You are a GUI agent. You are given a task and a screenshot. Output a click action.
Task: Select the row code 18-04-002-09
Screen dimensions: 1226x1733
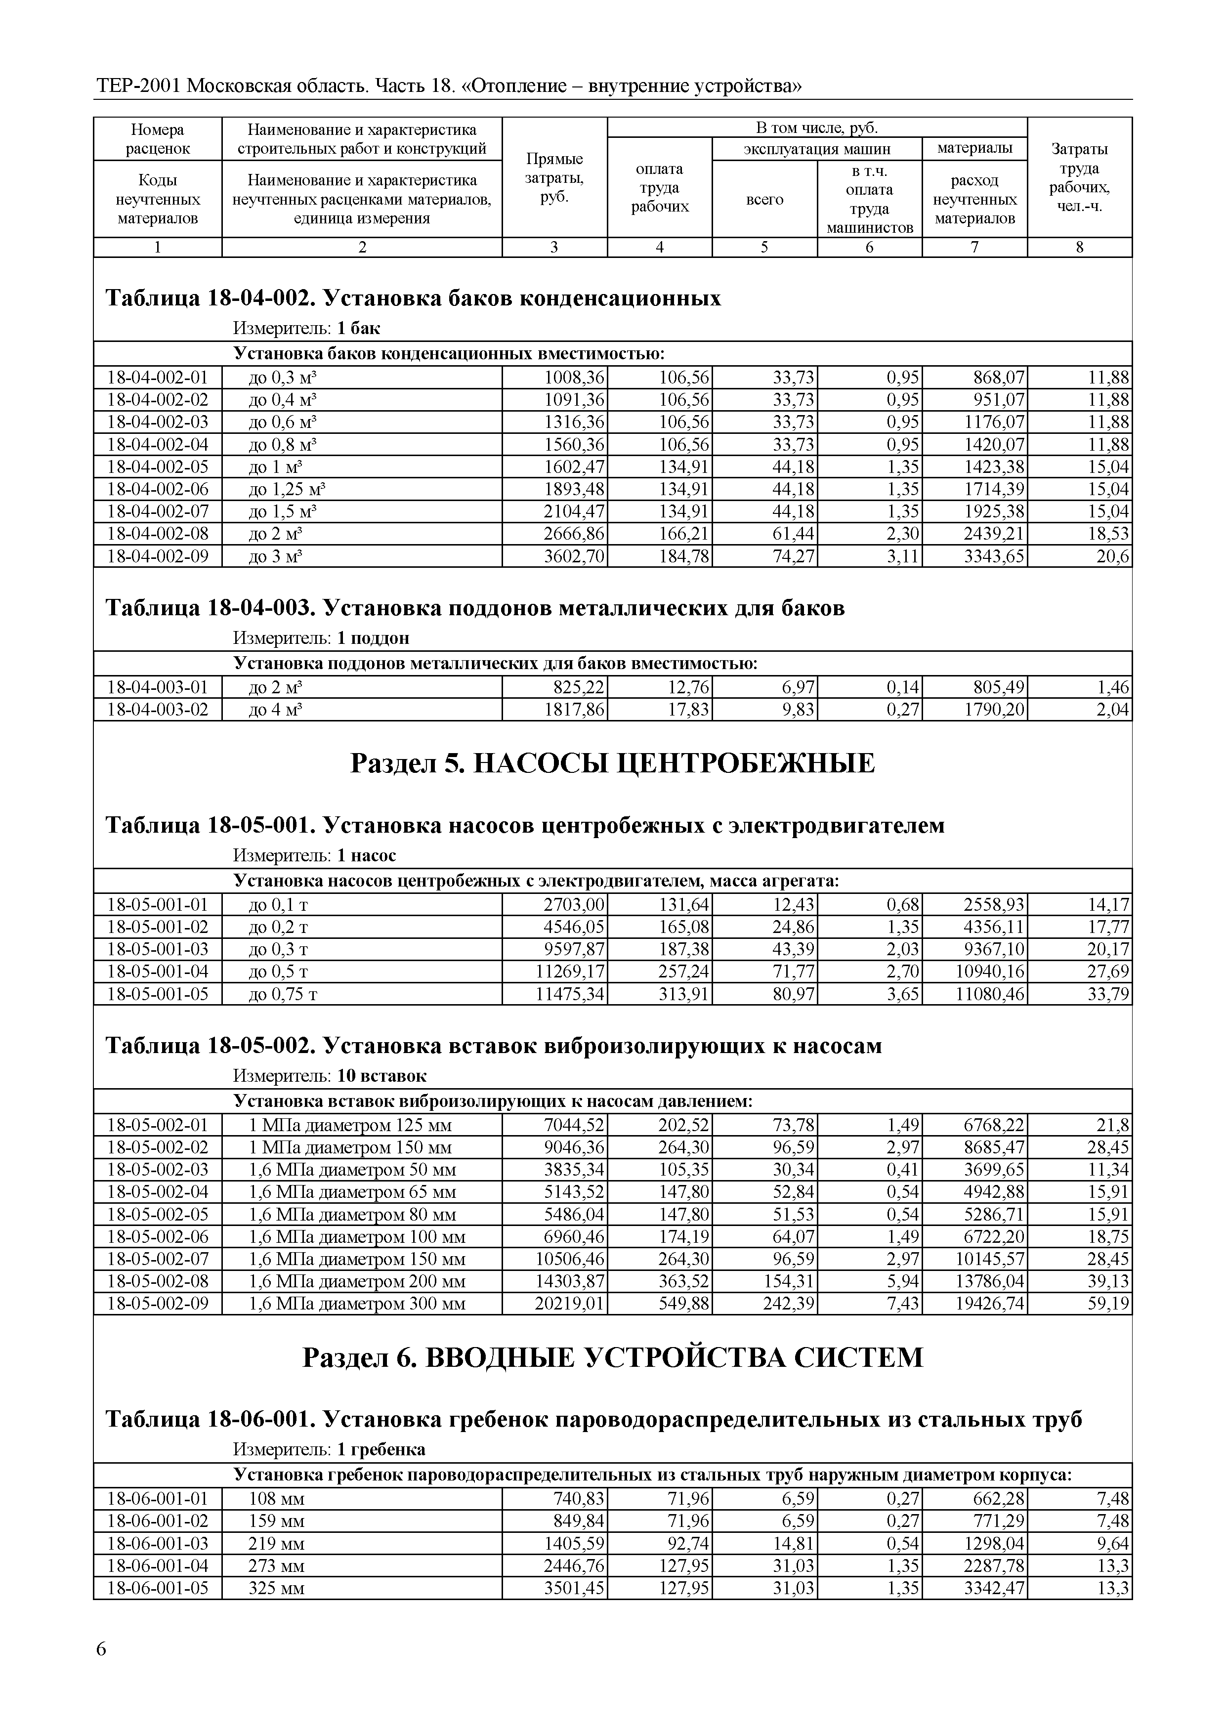pos(158,556)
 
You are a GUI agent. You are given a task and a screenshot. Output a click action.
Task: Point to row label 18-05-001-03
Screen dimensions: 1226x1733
pos(158,949)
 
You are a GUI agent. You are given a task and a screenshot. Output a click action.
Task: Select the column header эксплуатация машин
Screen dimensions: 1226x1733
pos(817,149)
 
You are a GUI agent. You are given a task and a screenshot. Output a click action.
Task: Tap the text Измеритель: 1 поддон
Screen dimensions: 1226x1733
pos(321,638)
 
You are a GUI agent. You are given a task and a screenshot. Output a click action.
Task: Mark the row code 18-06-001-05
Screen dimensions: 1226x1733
pos(158,1588)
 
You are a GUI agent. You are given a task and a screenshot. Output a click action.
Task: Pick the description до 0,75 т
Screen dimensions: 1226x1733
pos(283,994)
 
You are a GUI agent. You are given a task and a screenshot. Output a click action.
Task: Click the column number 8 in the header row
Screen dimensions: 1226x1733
pos(1080,247)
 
